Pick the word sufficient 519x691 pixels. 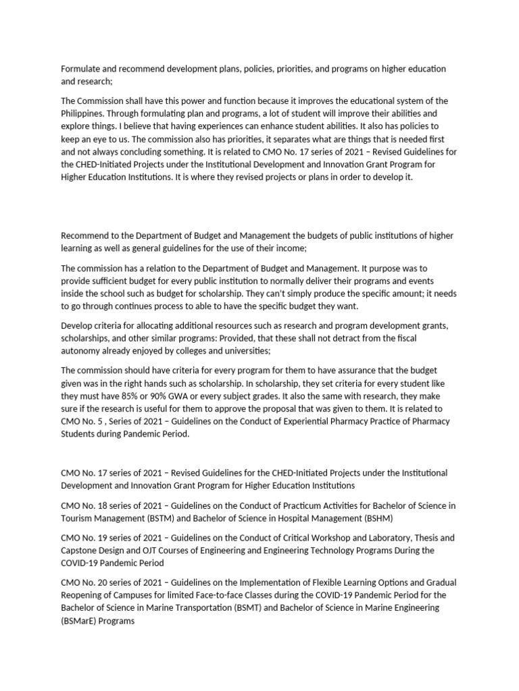coord(111,281)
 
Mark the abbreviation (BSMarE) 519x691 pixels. coord(80,621)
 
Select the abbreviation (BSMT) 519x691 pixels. coord(276,608)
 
